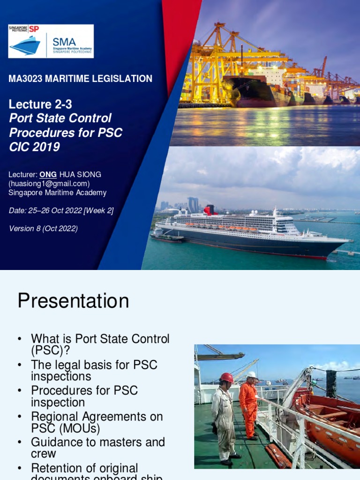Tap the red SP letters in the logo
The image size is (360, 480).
(34, 29)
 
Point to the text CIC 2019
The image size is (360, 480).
(34, 147)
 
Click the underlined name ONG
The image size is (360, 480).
(48, 174)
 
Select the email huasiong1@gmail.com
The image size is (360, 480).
(49, 183)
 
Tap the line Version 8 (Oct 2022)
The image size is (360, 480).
(43, 228)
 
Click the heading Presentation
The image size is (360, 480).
(73, 300)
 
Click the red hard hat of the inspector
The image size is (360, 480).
(227, 377)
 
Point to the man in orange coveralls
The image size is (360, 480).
(248, 405)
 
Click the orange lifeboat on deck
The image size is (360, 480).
(326, 412)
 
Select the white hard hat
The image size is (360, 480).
(252, 375)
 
